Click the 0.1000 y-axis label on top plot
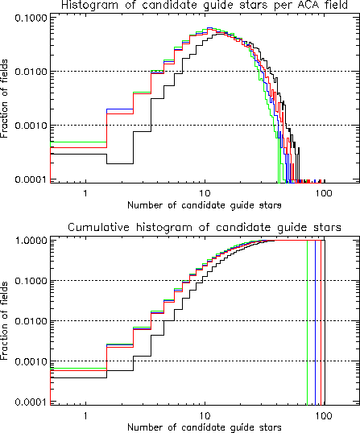(x=31, y=19)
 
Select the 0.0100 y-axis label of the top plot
(x=31, y=72)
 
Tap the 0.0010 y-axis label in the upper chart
(x=31, y=126)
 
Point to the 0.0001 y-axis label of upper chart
(x=31, y=179)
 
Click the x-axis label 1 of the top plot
(x=85, y=192)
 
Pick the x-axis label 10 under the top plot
(x=205, y=192)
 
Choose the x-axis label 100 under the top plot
(x=324, y=192)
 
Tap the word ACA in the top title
(x=303, y=5)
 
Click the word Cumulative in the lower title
(x=98, y=227)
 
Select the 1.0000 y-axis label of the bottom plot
(x=31, y=241)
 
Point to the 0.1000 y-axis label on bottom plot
(x=31, y=281)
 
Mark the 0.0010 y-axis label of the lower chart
(x=31, y=361)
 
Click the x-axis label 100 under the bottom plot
(x=324, y=415)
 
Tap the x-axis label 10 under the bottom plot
(x=205, y=415)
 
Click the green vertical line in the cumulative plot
(x=307, y=323)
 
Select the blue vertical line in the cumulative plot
(x=315, y=323)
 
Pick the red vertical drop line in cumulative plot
(x=321, y=323)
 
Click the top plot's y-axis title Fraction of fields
(x=4, y=98)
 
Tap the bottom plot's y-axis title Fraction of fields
(x=4, y=320)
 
